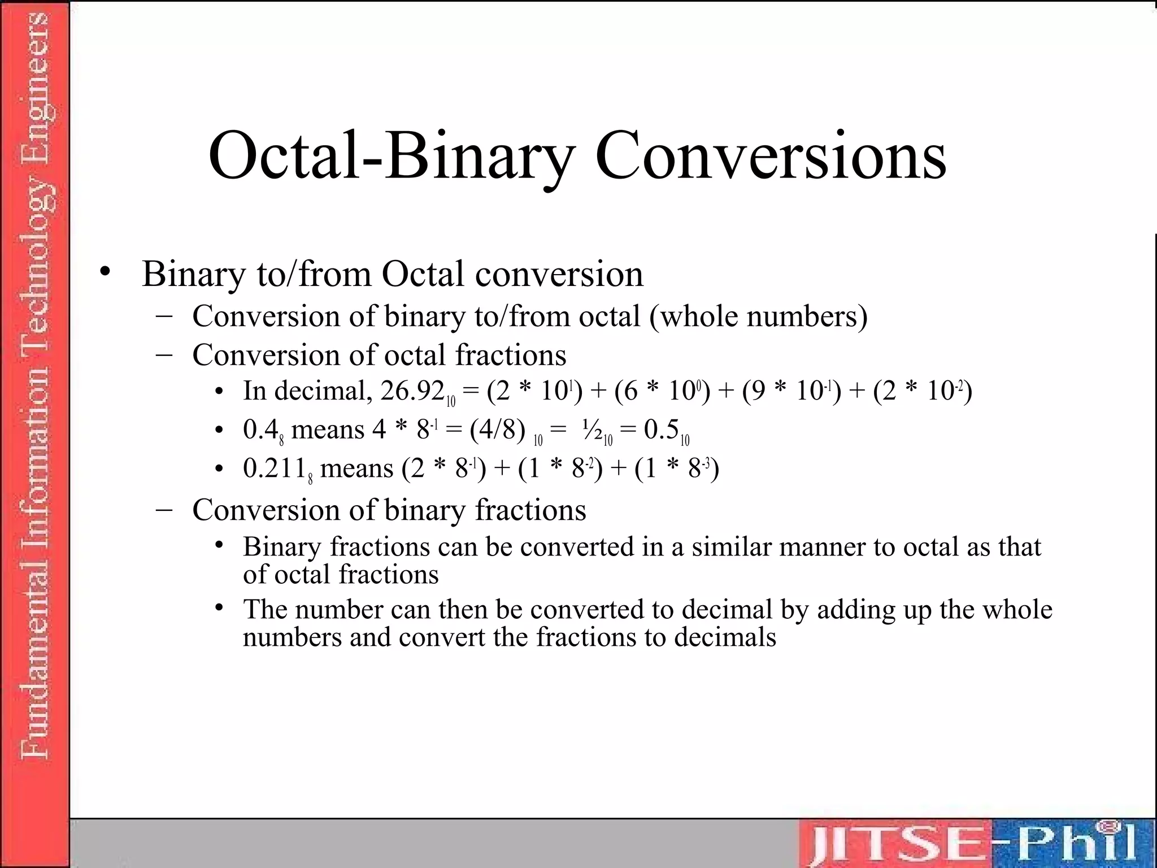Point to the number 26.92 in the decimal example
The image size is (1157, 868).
412,391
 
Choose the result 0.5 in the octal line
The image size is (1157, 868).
661,430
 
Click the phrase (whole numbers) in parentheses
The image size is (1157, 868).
758,316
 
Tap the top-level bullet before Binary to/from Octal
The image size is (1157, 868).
104,272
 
